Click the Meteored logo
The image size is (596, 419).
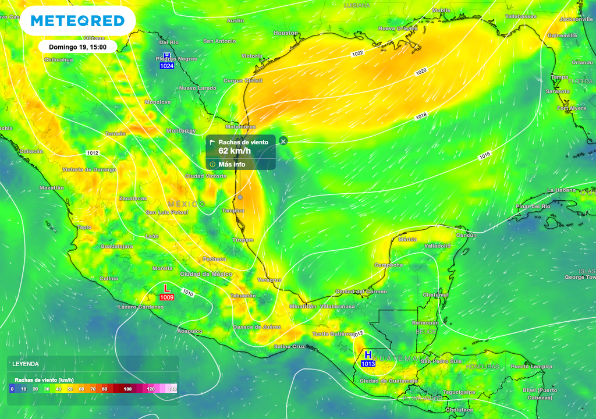point(77,21)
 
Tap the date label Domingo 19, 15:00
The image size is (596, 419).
point(77,47)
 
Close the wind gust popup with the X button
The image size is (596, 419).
point(283,141)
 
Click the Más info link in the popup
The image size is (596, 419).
point(232,164)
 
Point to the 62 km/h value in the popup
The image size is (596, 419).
point(235,151)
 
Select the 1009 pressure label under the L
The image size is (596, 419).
point(166,297)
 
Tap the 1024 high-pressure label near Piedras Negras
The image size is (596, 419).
point(167,66)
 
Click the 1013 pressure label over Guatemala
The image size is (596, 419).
point(368,364)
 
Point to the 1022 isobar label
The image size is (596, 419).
point(357,54)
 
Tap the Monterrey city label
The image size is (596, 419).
point(181,131)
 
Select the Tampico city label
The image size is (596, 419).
point(233,211)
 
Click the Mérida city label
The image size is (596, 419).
point(407,239)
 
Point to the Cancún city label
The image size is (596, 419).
point(466,235)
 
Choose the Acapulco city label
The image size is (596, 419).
point(190,331)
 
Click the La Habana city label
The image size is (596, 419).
point(561,190)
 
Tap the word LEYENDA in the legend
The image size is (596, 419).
point(26,364)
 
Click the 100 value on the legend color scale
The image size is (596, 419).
point(127,388)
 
